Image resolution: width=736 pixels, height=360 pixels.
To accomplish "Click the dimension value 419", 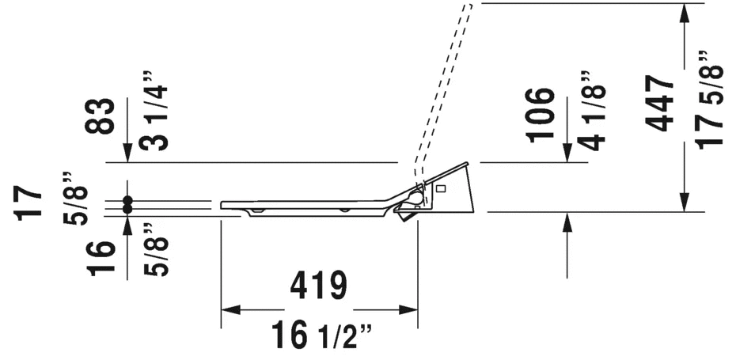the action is click(319, 286).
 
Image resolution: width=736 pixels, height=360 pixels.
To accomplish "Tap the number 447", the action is click(660, 103).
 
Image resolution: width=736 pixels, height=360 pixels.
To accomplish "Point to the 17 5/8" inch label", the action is click(709, 100).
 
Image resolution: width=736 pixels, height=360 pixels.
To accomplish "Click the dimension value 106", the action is click(541, 115).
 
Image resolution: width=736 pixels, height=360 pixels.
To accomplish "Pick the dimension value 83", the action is click(101, 116).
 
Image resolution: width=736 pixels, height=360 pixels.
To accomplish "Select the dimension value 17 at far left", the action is click(28, 203).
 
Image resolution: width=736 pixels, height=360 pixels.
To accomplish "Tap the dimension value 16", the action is click(101, 258).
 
